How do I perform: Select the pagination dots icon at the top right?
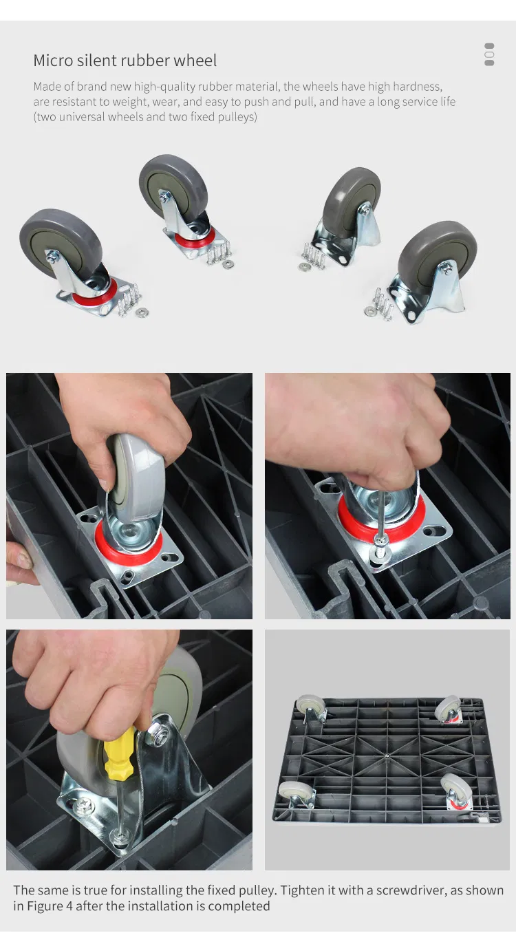click(489, 54)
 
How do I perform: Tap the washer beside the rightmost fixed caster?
click(369, 310)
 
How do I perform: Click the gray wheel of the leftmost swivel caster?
click(60, 242)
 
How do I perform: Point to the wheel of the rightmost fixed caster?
click(437, 248)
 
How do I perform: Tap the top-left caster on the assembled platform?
click(311, 709)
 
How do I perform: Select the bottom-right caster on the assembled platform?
click(458, 793)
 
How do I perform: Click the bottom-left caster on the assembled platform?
click(297, 796)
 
